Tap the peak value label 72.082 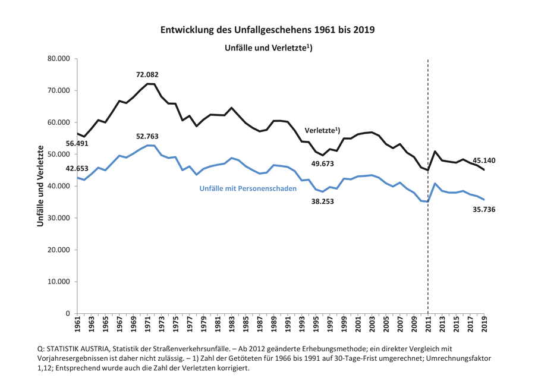pos(147,75)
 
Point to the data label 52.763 pos(147,137)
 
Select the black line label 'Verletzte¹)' pos(322,130)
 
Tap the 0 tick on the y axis pos(67,313)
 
